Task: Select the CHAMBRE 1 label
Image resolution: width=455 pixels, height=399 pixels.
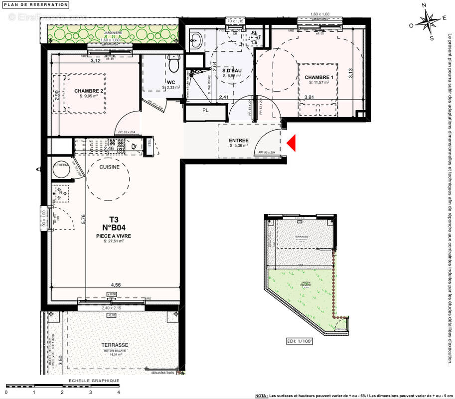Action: pyautogui.click(x=317, y=77)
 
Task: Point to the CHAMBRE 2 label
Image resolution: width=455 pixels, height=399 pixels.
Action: pyautogui.click(x=89, y=91)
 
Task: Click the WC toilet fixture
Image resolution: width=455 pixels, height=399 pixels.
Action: pyautogui.click(x=173, y=65)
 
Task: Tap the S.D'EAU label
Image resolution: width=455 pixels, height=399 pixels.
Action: pyautogui.click(x=232, y=71)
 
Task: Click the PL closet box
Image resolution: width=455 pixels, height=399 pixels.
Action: pyautogui.click(x=205, y=111)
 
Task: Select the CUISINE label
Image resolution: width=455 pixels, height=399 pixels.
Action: pyautogui.click(x=109, y=167)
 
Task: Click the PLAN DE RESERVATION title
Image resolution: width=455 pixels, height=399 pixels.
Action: pyautogui.click(x=35, y=4)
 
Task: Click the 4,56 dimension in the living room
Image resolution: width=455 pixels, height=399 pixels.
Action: pyautogui.click(x=115, y=285)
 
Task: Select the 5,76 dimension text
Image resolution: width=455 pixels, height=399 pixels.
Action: pyautogui.click(x=83, y=219)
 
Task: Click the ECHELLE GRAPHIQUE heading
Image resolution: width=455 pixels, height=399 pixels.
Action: pyautogui.click(x=94, y=381)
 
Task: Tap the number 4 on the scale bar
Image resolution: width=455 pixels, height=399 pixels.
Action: pyautogui.click(x=118, y=393)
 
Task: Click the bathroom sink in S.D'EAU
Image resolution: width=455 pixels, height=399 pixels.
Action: pyautogui.click(x=195, y=39)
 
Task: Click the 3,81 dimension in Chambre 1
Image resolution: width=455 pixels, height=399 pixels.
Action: pyautogui.click(x=309, y=97)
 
